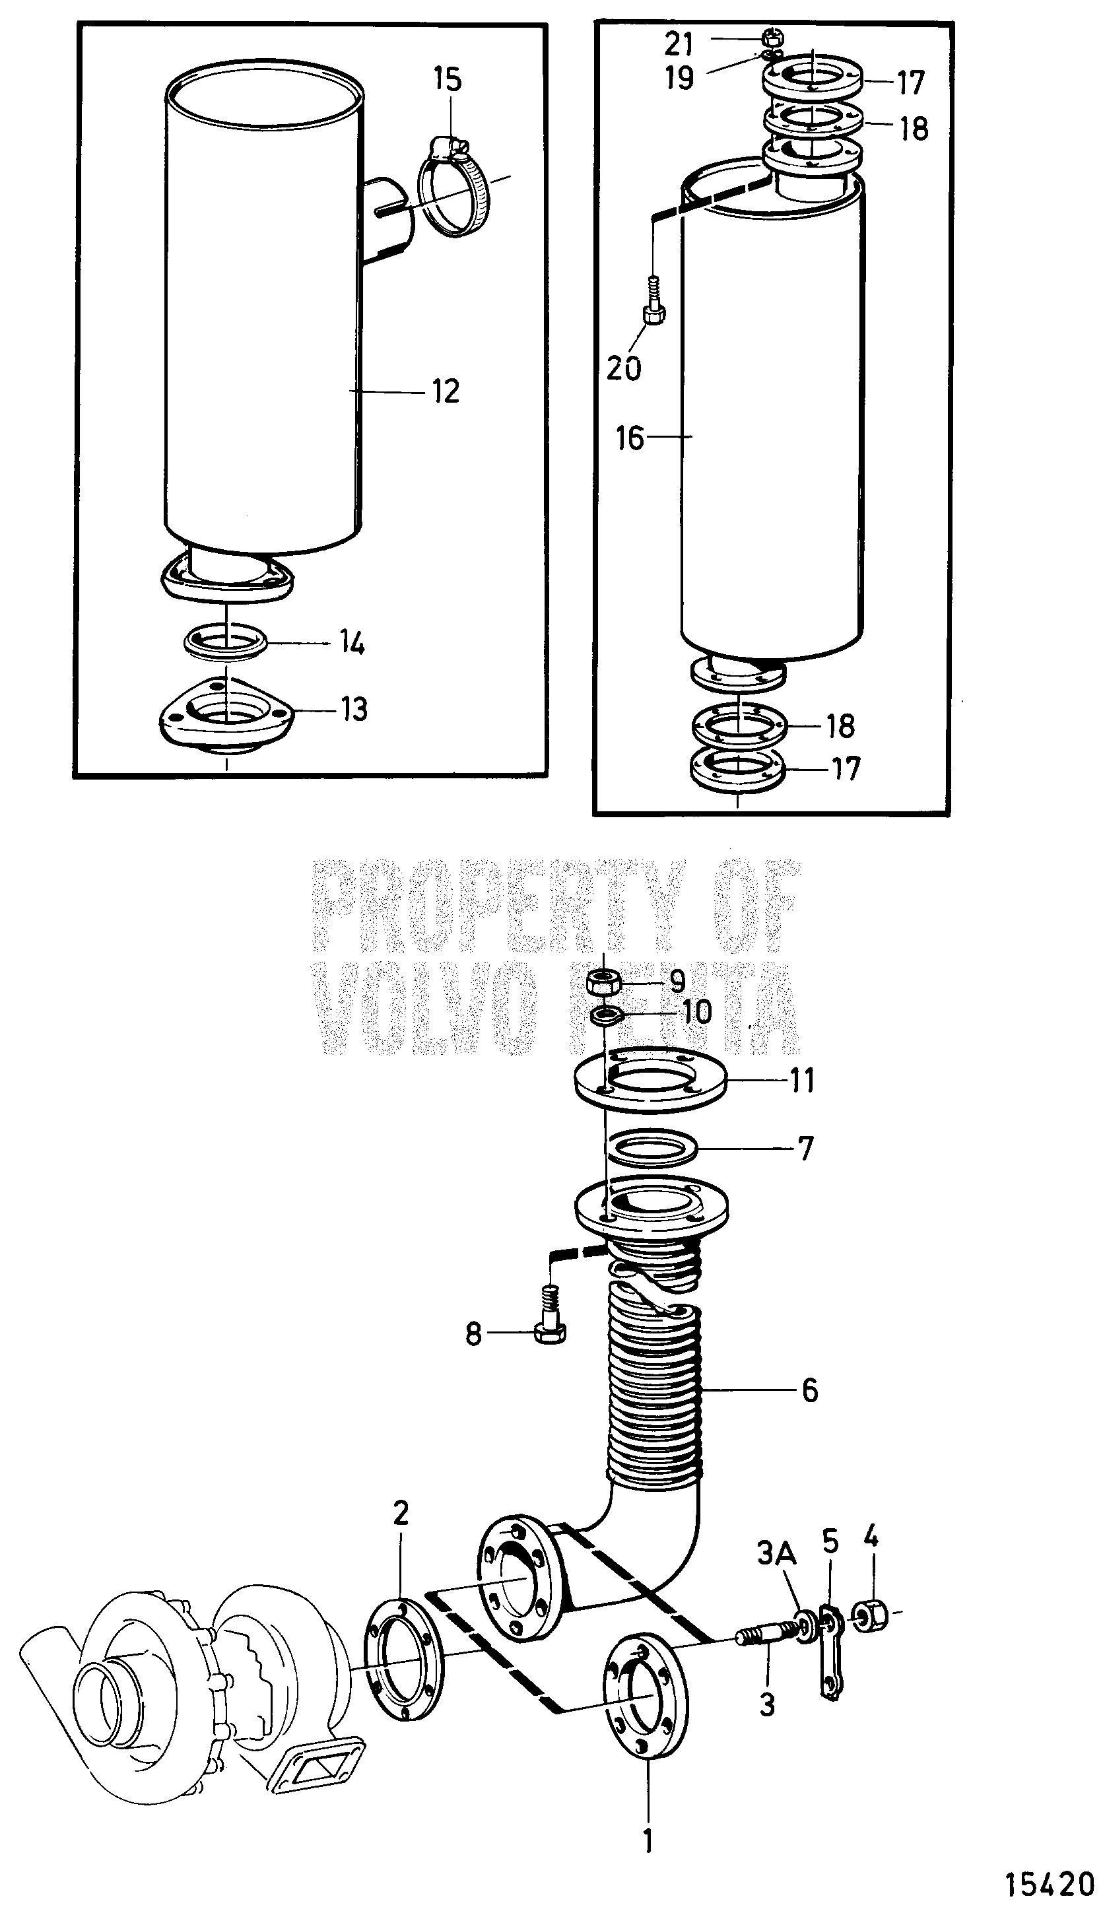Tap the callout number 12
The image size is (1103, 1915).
point(446,391)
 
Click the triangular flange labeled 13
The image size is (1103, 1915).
point(227,714)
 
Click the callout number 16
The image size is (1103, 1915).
point(630,438)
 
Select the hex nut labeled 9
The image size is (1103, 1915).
point(605,984)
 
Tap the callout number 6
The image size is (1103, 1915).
point(810,1391)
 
